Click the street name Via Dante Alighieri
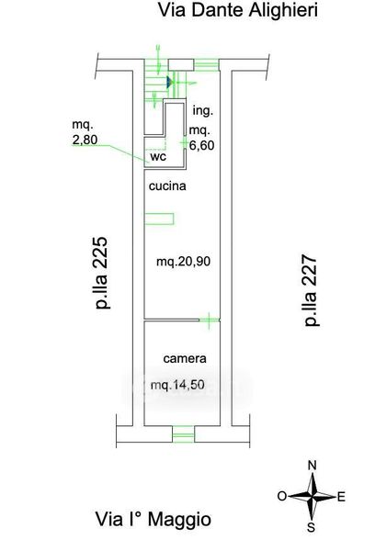point(238,10)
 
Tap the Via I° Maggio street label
point(153,520)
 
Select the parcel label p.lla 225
point(101,273)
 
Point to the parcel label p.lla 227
point(311,290)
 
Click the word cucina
point(167,186)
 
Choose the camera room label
point(185,358)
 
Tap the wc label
point(158,157)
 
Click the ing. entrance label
point(203,111)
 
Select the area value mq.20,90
point(183,262)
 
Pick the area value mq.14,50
point(177,385)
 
